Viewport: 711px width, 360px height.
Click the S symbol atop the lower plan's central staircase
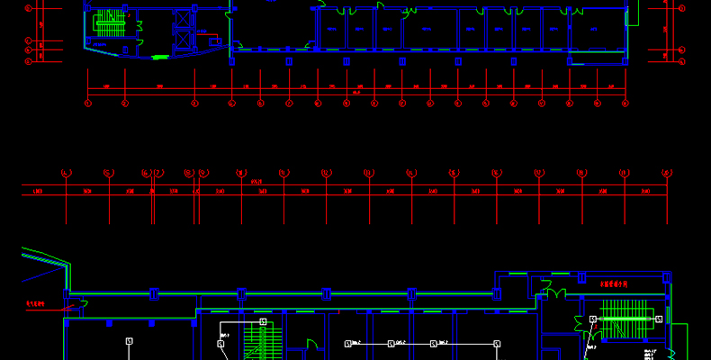click(263, 321)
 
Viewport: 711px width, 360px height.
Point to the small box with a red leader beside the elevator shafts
click(214, 41)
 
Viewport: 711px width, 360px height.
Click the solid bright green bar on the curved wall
click(160, 58)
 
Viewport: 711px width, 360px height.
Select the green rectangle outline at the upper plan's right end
click(632, 13)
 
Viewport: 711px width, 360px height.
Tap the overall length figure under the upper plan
click(356, 93)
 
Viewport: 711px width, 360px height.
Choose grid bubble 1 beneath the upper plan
click(88, 103)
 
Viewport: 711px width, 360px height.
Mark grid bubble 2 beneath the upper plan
click(125, 103)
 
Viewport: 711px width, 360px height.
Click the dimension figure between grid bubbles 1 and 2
click(106, 87)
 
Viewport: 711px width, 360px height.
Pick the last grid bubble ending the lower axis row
click(667, 172)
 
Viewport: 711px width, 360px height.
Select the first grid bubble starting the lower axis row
click(66, 172)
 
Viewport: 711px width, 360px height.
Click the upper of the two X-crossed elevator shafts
click(184, 17)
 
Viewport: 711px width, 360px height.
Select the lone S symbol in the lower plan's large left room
click(129, 341)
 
